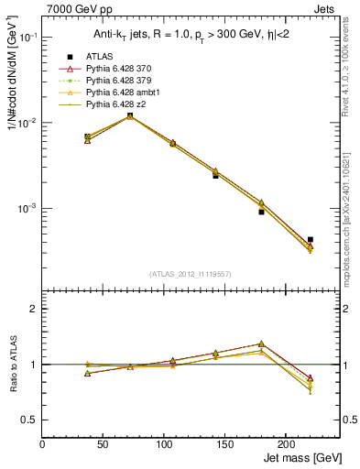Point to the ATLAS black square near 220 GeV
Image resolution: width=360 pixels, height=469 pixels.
311,239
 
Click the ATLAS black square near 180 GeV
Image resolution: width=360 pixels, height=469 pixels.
261,212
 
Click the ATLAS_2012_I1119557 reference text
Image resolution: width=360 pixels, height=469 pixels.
191,274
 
